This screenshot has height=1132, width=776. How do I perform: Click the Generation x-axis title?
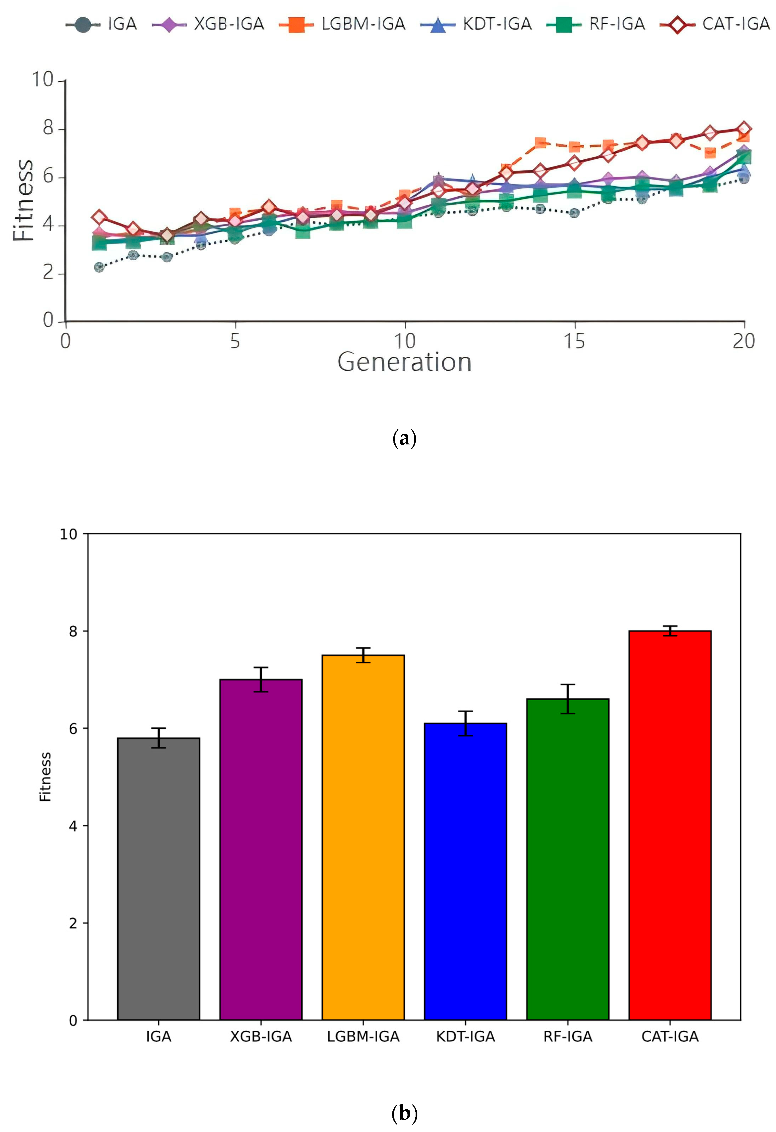coord(404,363)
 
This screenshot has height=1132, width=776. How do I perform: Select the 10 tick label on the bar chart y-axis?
coord(68,534)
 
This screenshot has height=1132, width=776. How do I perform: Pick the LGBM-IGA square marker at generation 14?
coord(540,143)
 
